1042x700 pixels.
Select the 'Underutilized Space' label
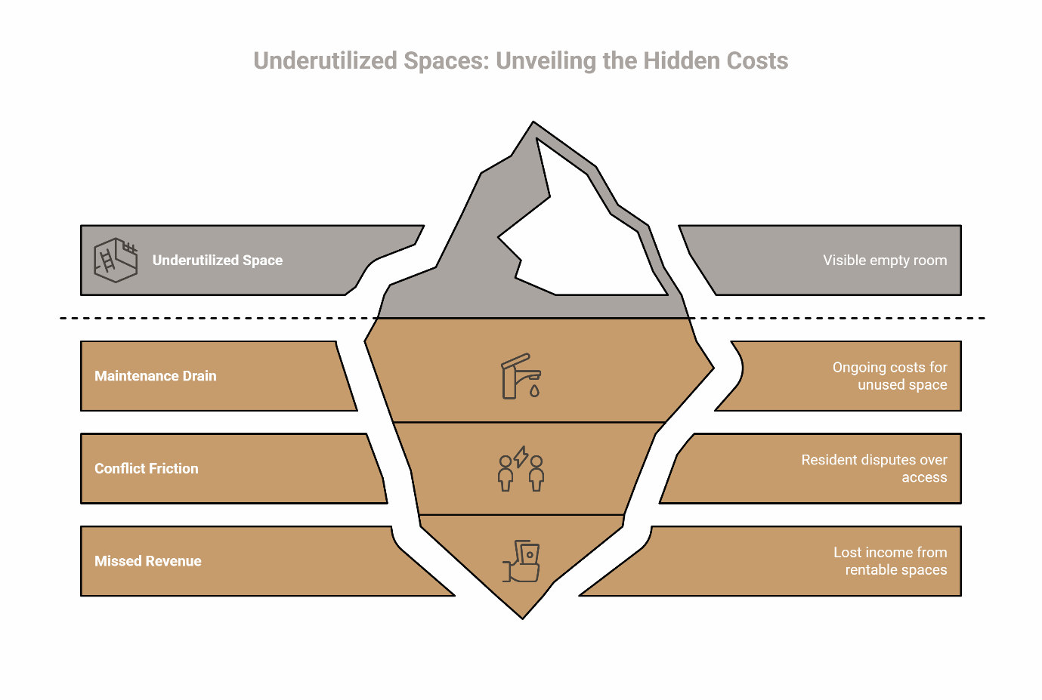coord(218,261)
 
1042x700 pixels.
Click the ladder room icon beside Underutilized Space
coord(116,260)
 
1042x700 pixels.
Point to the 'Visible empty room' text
coord(884,261)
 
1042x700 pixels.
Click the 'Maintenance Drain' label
coord(156,376)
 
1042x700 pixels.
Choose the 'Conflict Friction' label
coord(147,469)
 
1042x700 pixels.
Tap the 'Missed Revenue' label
coord(148,561)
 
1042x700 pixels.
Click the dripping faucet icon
coord(521,377)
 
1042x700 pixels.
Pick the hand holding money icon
coord(522,562)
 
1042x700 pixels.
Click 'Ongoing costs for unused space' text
coord(889,376)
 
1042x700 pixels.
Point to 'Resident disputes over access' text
coord(874,469)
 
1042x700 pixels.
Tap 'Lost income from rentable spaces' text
coord(890,561)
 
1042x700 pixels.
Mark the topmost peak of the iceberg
coord(533,122)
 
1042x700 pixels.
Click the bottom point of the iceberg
coord(522,617)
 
